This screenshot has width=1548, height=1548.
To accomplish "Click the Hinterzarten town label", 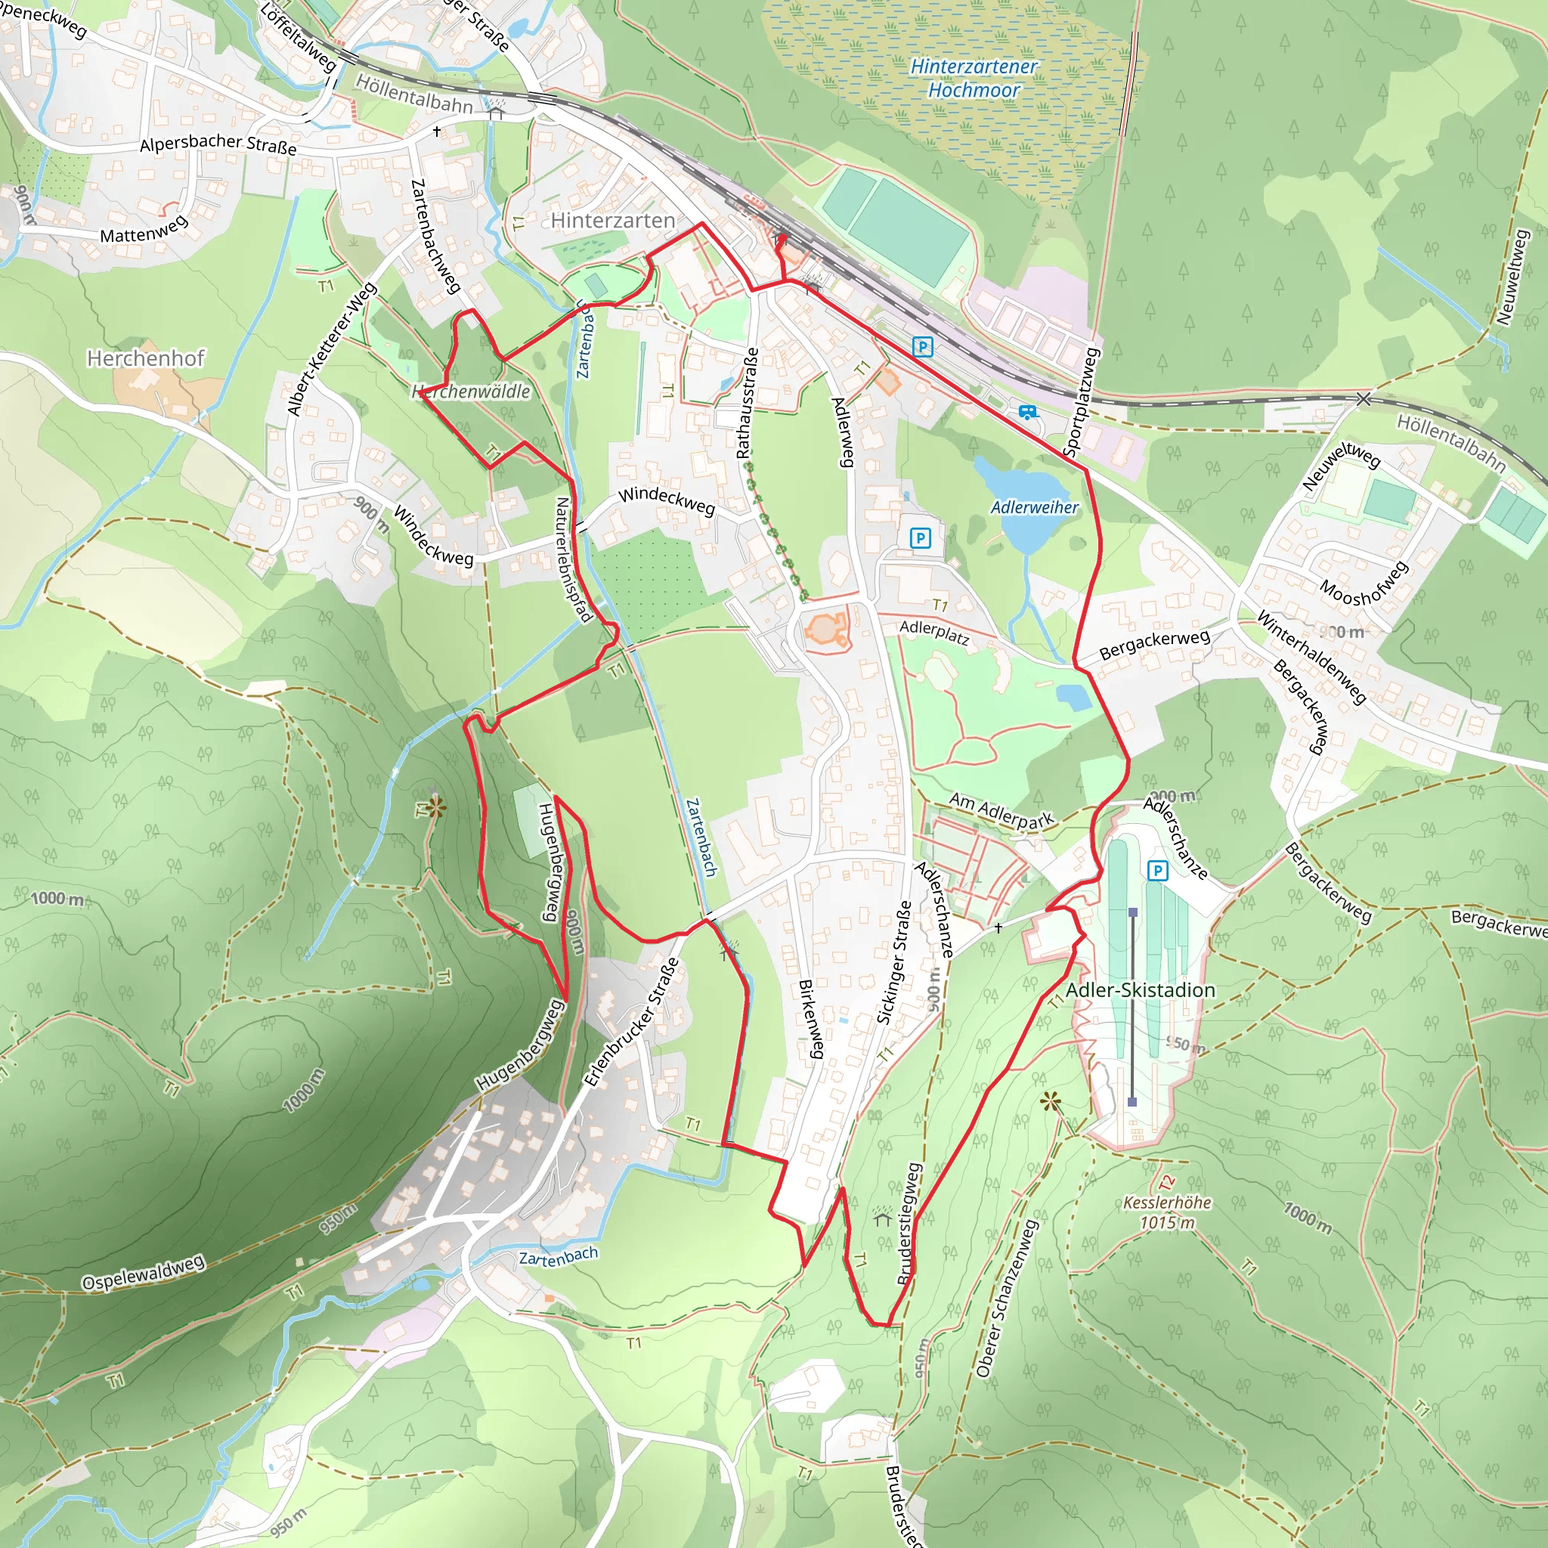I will click(x=613, y=221).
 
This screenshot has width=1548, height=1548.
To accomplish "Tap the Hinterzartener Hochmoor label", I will click(x=974, y=79).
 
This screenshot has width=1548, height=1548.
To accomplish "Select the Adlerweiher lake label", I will click(x=1035, y=507).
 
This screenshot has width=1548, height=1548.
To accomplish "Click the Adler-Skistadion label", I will click(x=1140, y=990).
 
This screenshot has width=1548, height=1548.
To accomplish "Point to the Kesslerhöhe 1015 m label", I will click(x=1166, y=1212).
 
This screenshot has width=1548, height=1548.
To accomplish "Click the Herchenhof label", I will click(x=146, y=358).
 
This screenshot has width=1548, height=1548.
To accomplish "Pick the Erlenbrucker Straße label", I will click(x=631, y=1023).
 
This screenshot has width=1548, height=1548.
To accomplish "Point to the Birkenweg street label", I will click(x=811, y=1019).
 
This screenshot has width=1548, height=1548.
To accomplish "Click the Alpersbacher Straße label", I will click(x=218, y=144).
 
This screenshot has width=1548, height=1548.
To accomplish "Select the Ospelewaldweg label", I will click(x=144, y=1273).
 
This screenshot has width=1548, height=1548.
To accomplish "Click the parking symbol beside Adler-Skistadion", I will click(x=1157, y=870).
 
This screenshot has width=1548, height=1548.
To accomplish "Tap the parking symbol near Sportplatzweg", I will click(x=922, y=347).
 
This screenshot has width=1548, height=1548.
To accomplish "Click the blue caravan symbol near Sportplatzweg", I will click(x=1027, y=413).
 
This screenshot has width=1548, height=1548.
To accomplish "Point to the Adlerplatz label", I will click(x=934, y=633).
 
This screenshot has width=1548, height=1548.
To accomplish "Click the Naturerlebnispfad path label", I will click(x=574, y=559).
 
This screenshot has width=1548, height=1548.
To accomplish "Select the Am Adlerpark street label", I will click(x=1002, y=811).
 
